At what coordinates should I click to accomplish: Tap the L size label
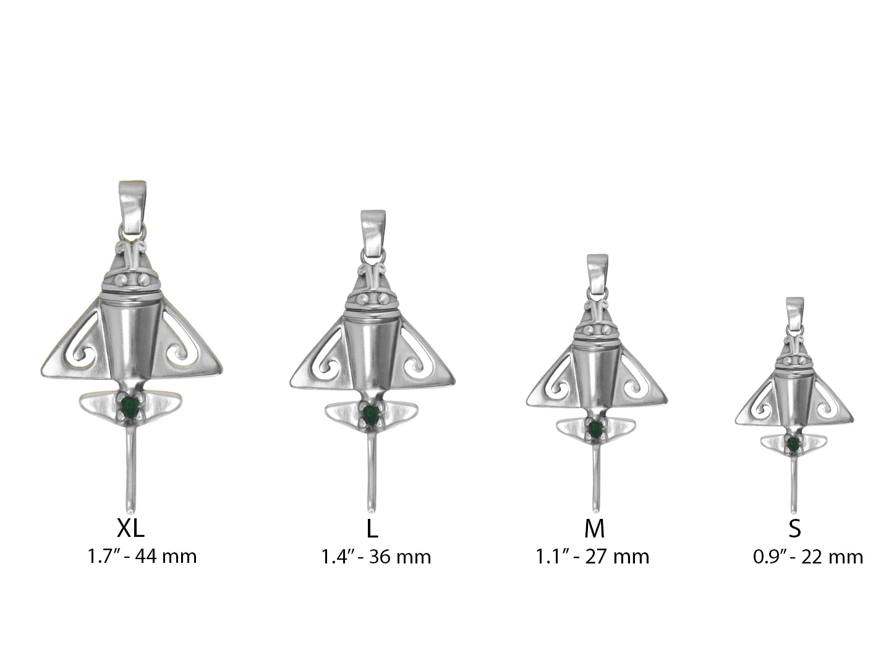pyautogui.click(x=372, y=528)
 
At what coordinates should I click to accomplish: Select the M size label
pyautogui.click(x=594, y=528)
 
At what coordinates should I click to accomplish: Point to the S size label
pyautogui.click(x=794, y=528)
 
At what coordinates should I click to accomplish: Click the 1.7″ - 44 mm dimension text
pyautogui.click(x=142, y=556)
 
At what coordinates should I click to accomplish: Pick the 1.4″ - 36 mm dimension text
pyautogui.click(x=375, y=557)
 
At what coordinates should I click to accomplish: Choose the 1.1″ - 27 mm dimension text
pyautogui.click(x=592, y=557)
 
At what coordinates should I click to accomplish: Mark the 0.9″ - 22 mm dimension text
pyautogui.click(x=807, y=557)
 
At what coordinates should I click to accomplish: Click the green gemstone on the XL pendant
pyautogui.click(x=130, y=408)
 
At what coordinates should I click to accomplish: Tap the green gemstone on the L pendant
pyautogui.click(x=371, y=415)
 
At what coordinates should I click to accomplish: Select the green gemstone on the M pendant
pyautogui.click(x=595, y=429)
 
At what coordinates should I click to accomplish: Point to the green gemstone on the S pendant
pyautogui.click(x=793, y=444)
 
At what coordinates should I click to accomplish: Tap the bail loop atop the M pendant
pyautogui.click(x=597, y=274)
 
